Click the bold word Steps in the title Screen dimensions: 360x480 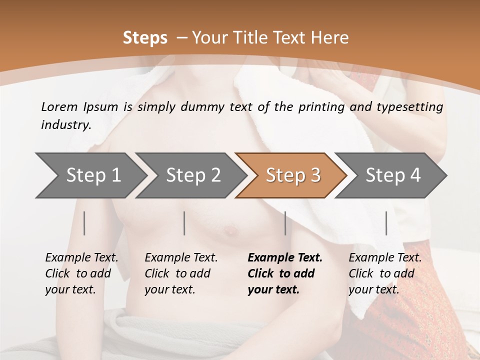[145, 38]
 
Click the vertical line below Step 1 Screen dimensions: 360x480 [84, 223]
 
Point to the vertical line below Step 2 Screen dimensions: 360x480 [184, 223]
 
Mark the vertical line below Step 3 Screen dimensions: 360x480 [285, 223]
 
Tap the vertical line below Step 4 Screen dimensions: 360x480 [386, 223]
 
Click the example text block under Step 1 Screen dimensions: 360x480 [81, 273]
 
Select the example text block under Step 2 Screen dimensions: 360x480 [180, 273]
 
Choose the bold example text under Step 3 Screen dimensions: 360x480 [284, 273]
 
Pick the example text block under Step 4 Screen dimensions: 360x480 [384, 273]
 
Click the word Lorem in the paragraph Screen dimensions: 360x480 [59, 106]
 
